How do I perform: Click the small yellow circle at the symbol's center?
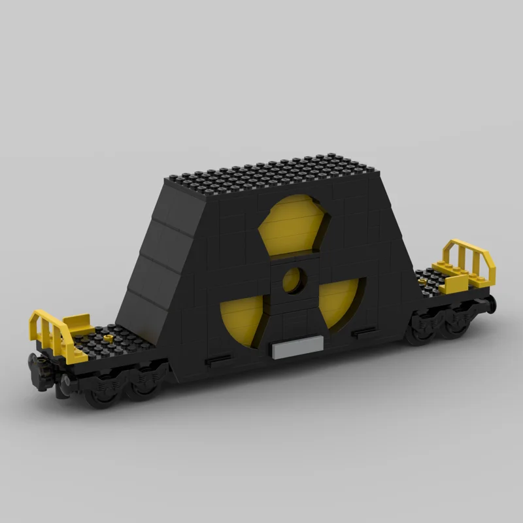(294, 279)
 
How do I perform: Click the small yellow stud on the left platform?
(109, 338)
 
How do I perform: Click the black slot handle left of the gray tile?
(218, 360)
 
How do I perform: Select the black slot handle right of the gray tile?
(362, 334)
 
